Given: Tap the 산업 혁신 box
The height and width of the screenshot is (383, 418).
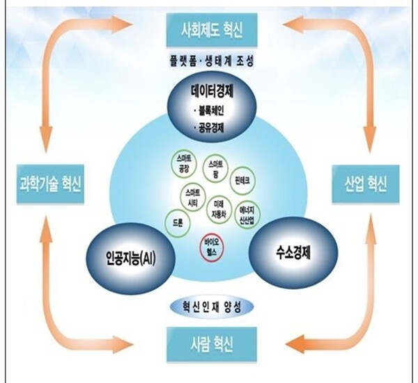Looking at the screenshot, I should tap(364, 184).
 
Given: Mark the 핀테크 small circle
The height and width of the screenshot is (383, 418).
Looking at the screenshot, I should tap(242, 179).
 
